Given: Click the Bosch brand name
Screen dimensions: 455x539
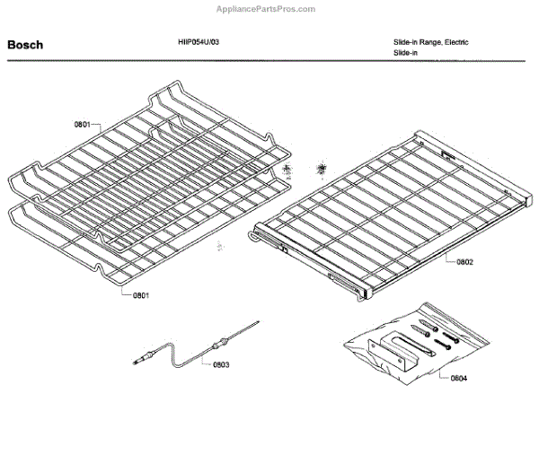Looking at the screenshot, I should coord(25,44).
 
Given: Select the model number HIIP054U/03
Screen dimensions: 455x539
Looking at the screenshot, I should coord(198,41).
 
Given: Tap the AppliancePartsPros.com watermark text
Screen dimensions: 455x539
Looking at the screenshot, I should coord(267,9).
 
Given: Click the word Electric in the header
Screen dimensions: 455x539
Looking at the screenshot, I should coord(454,42).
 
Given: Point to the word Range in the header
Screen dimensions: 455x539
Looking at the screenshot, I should coord(428,42).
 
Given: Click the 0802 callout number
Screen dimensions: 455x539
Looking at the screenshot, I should coord(464,262).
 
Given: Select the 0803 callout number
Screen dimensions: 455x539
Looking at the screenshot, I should coord(220,364).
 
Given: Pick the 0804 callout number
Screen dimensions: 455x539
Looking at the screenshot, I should coord(458,379).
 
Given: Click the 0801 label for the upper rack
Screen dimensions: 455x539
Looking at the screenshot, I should coord(82,125).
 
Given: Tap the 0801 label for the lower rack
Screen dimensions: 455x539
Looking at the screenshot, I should coord(141,294).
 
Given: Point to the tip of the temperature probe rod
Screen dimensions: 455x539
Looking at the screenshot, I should coord(257,320).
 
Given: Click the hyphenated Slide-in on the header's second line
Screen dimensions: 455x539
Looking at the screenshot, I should coord(405,54).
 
